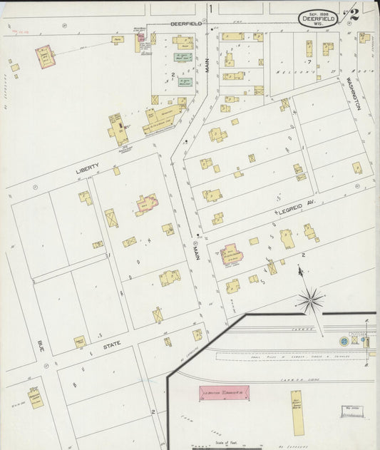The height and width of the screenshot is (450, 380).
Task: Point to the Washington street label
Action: pos(354,93)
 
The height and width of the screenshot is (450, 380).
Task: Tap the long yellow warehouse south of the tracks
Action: pos(298,414)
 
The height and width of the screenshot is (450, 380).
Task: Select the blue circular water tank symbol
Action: pos(344,341)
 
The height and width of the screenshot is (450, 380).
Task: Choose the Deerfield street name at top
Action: pos(187,24)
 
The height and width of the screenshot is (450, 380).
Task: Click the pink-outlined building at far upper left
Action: pos(45,56)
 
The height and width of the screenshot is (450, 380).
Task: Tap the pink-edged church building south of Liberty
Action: pos(148,204)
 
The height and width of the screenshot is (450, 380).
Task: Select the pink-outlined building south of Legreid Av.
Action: pos(231,254)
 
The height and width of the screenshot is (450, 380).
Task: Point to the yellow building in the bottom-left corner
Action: pos(35,397)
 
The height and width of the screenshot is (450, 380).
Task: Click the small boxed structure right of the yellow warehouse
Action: pos(351,411)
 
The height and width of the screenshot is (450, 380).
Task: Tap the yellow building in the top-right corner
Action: pos(364,37)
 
